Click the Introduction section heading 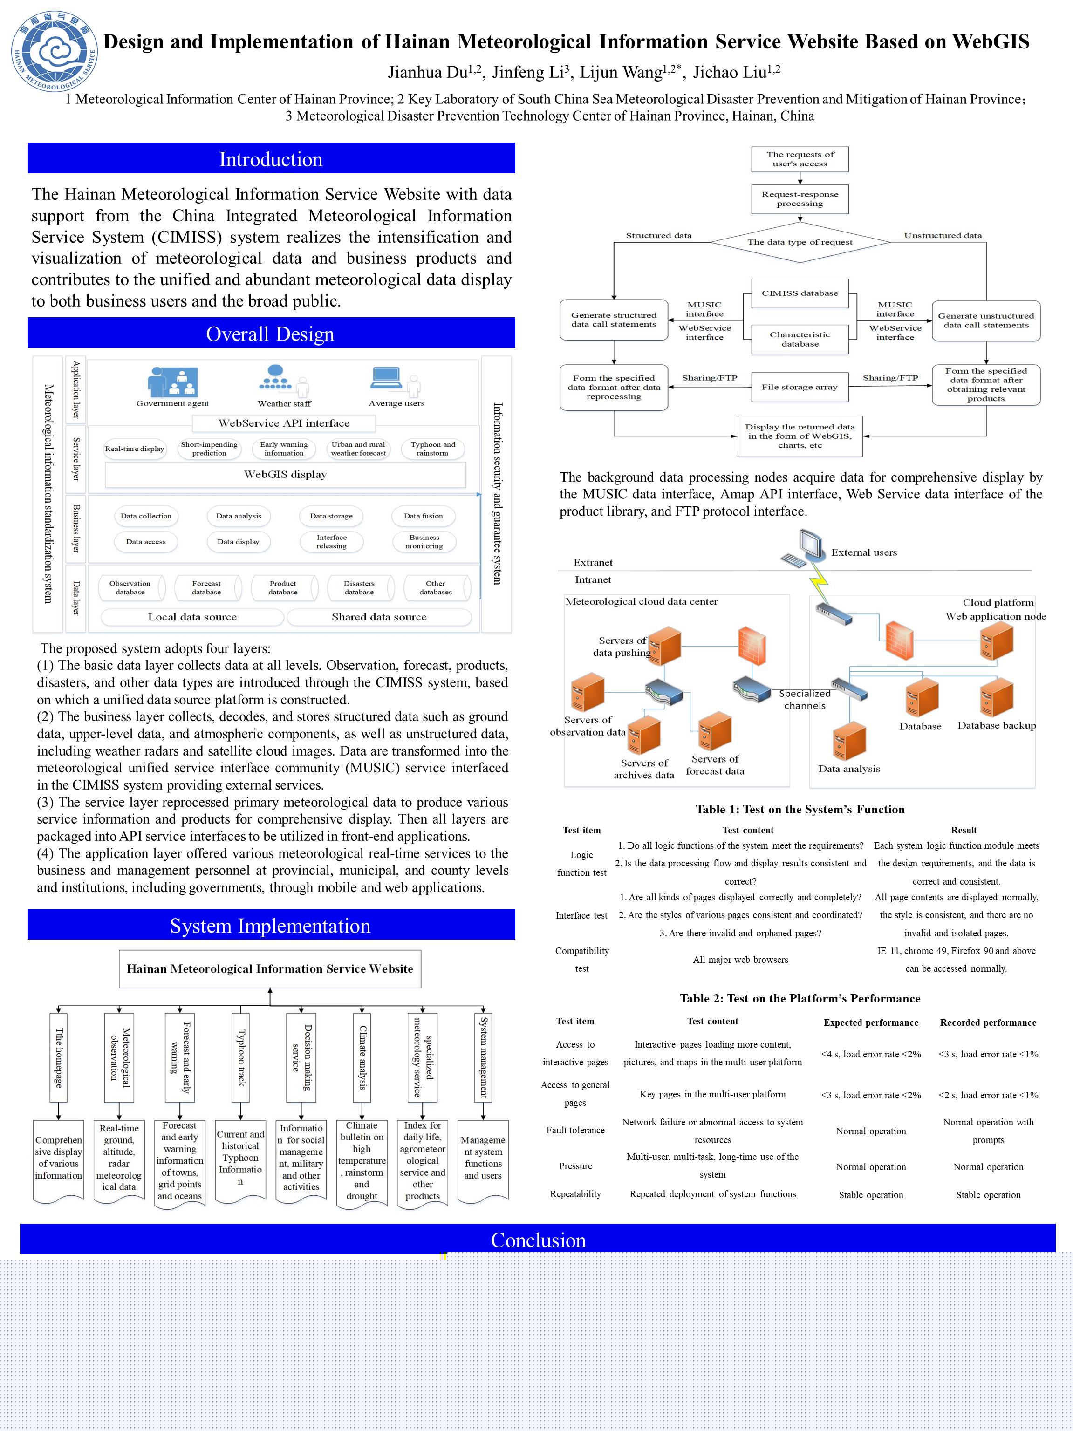(x=271, y=159)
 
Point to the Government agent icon (x=172, y=382)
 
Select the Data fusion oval (x=423, y=516)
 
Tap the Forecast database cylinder (x=206, y=587)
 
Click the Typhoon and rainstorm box (x=432, y=448)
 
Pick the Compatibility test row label (x=582, y=960)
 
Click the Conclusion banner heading (x=537, y=1240)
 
